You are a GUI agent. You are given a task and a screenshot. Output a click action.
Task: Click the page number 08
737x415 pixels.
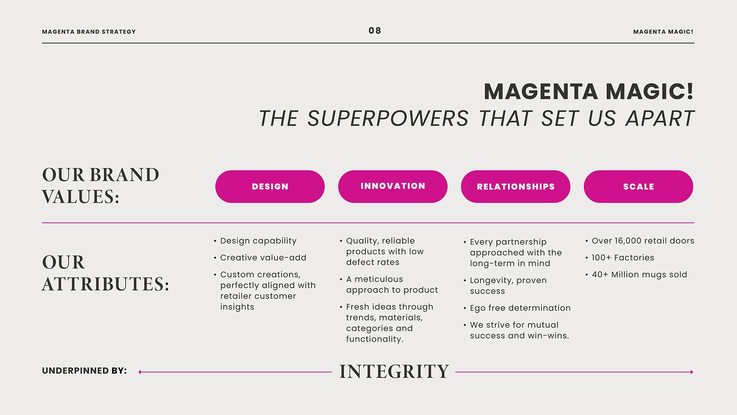click(375, 31)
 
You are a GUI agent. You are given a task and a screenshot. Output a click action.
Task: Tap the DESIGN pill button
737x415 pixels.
click(270, 187)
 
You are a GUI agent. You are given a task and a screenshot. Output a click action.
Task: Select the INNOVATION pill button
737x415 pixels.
click(393, 186)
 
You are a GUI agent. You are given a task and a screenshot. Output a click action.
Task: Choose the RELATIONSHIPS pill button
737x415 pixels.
click(516, 187)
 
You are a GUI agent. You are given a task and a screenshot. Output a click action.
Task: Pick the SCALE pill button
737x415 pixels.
click(638, 187)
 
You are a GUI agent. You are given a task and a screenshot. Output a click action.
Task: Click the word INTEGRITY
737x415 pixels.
click(394, 372)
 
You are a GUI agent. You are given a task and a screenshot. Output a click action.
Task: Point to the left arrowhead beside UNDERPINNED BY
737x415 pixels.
click(140, 372)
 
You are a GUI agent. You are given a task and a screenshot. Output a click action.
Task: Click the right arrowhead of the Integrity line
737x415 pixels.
click(692, 372)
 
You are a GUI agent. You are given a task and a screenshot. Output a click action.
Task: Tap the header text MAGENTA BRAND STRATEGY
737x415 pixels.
click(89, 32)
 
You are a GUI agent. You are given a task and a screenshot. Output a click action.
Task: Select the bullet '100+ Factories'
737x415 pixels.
click(623, 258)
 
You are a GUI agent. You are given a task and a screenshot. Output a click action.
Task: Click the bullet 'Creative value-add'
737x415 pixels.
click(263, 258)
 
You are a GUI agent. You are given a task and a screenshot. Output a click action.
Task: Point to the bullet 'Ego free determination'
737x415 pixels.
click(520, 308)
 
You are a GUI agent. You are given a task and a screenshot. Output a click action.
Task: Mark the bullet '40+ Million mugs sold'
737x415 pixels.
click(639, 275)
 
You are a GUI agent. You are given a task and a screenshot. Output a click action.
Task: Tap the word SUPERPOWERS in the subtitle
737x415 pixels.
click(388, 118)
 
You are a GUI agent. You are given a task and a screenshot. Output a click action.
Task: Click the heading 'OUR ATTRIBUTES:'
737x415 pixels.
click(105, 273)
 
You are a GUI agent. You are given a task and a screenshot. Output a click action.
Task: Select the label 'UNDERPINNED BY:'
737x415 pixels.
click(84, 371)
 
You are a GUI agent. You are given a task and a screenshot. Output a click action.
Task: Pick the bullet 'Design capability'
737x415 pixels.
click(258, 241)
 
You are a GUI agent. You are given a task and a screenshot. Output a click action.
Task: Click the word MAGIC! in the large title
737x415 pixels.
click(649, 92)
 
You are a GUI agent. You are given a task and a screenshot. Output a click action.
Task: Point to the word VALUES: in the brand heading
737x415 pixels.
click(81, 197)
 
